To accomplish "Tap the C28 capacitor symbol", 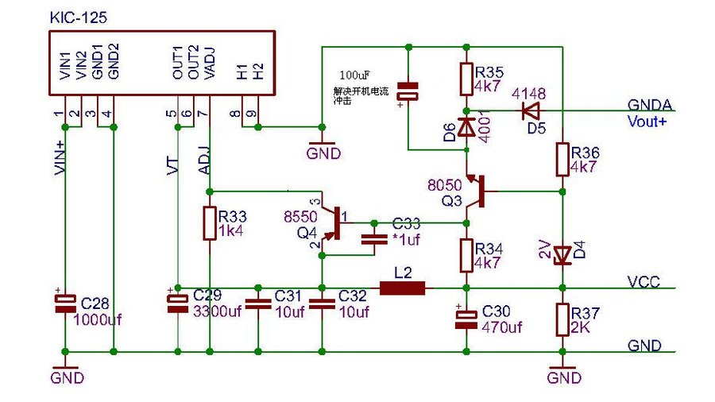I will (64, 304).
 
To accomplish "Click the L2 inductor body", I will (402, 288).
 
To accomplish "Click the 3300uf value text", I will (217, 311).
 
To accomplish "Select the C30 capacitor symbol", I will (466, 318).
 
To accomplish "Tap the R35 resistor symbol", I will (466, 79).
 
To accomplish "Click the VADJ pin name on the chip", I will (211, 63).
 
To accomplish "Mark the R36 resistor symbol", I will (562, 158).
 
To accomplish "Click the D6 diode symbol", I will (466, 127).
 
